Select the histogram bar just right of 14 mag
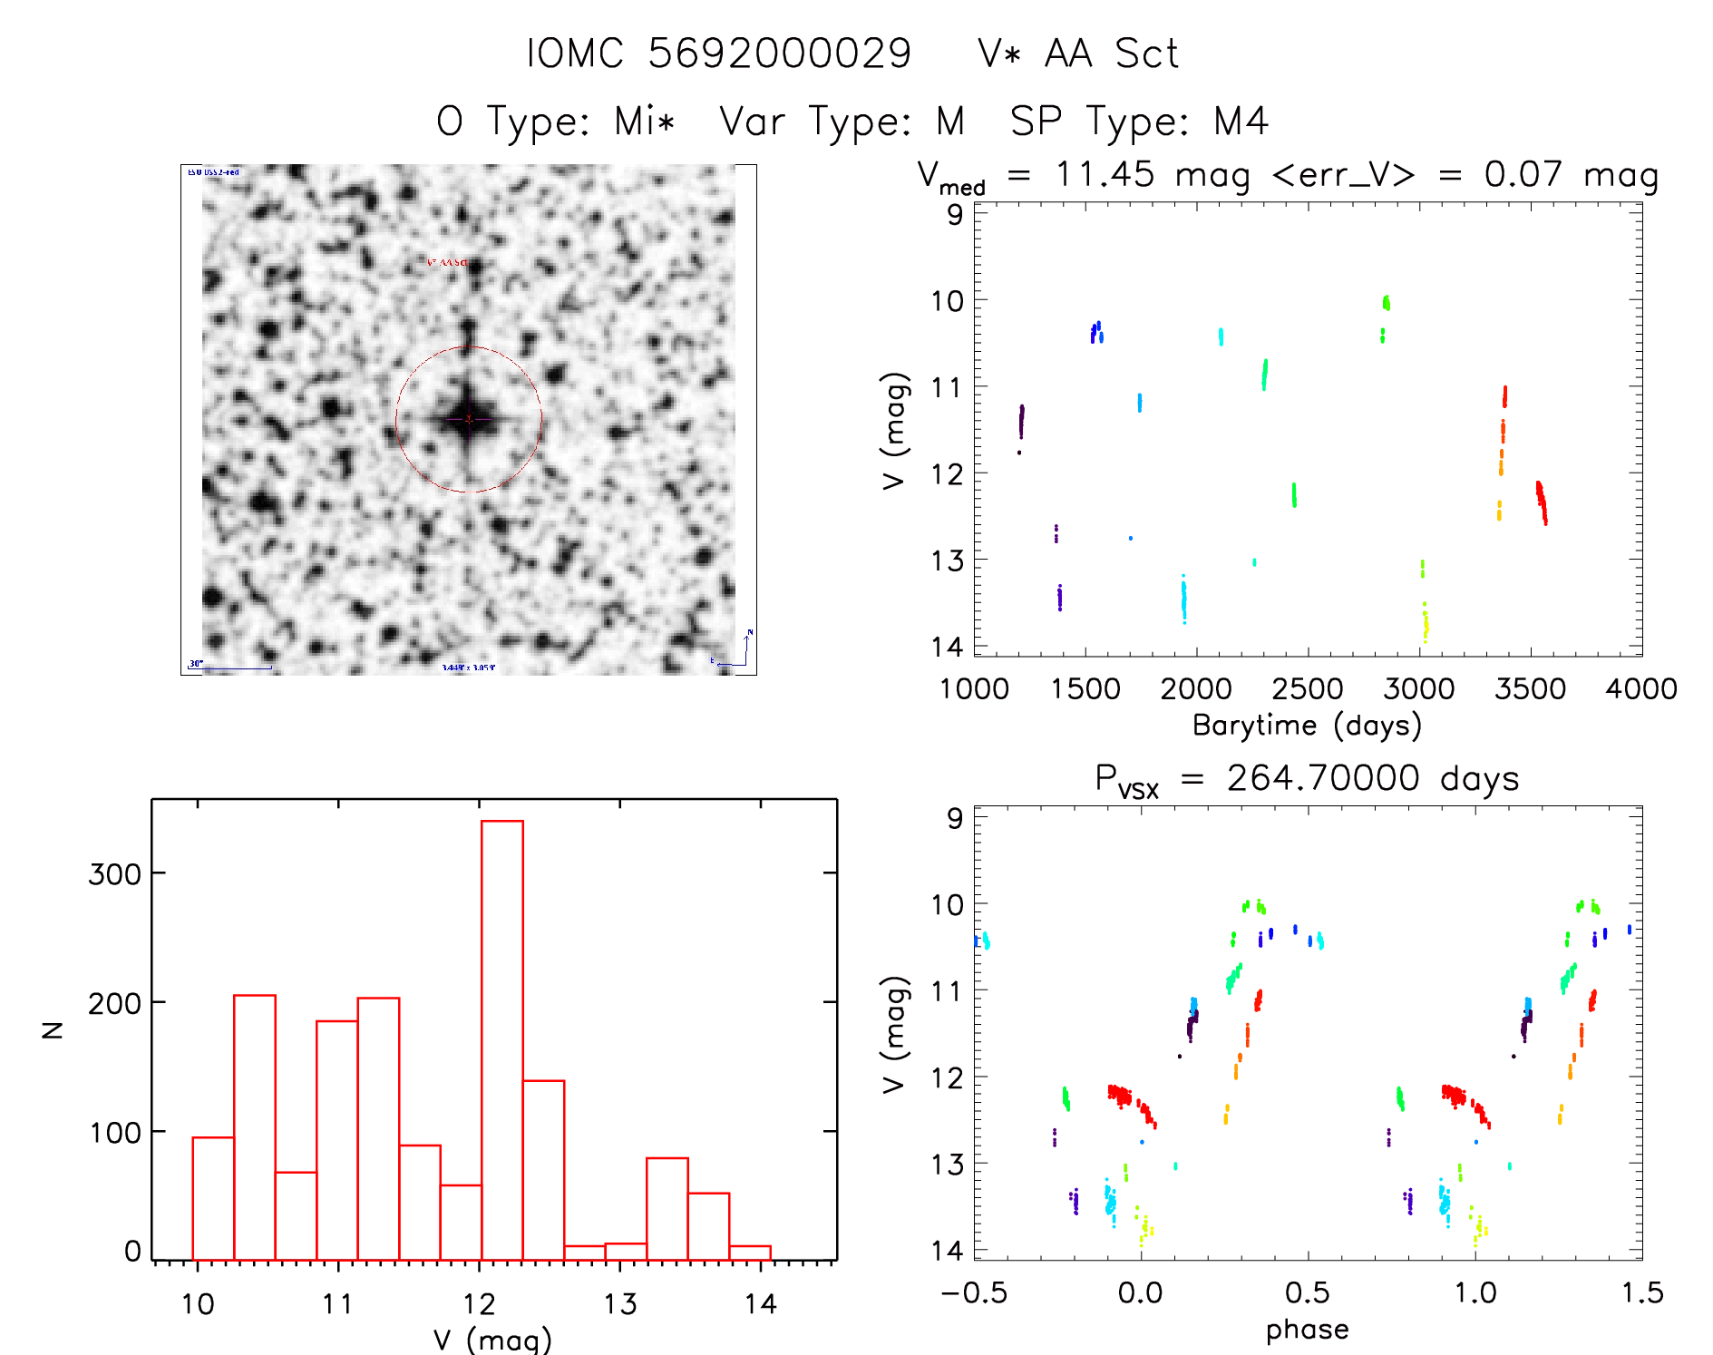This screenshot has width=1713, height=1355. [x=750, y=1253]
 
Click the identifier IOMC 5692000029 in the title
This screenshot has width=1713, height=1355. [x=718, y=54]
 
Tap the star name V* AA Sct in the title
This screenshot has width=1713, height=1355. [x=1078, y=54]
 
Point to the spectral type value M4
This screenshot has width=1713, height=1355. [x=1241, y=121]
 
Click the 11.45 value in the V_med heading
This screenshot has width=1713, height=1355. [x=1105, y=174]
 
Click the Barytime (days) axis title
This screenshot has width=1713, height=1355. [x=1307, y=725]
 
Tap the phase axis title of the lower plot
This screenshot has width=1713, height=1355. [x=1307, y=1329]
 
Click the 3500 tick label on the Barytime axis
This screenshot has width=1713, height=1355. [x=1530, y=688]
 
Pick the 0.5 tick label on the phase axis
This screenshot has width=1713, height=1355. [x=1307, y=1292]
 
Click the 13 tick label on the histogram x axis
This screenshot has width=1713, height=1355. [x=620, y=1304]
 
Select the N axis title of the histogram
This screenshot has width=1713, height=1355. [x=53, y=1029]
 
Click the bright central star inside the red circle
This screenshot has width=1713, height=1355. [x=468, y=419]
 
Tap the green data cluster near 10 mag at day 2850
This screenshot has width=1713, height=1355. [x=1386, y=303]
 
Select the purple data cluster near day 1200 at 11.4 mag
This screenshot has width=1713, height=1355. [x=1021, y=422]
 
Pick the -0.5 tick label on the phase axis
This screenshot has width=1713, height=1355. [x=974, y=1292]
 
